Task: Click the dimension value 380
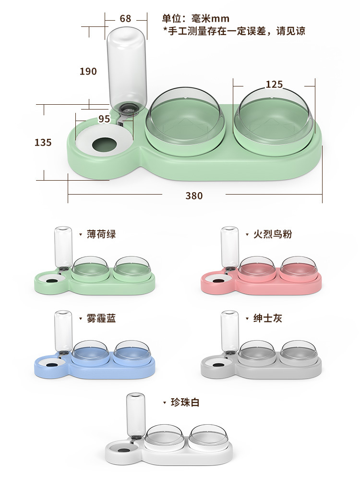194,196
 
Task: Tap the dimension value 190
88,71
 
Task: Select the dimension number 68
125,19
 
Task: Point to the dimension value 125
274,84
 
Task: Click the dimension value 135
43,142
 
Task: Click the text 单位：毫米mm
196,19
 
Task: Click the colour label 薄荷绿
101,234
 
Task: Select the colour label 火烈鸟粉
273,234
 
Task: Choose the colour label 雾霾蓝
101,318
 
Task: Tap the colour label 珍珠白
185,402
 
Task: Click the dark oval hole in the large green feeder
103,144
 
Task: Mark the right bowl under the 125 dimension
274,118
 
